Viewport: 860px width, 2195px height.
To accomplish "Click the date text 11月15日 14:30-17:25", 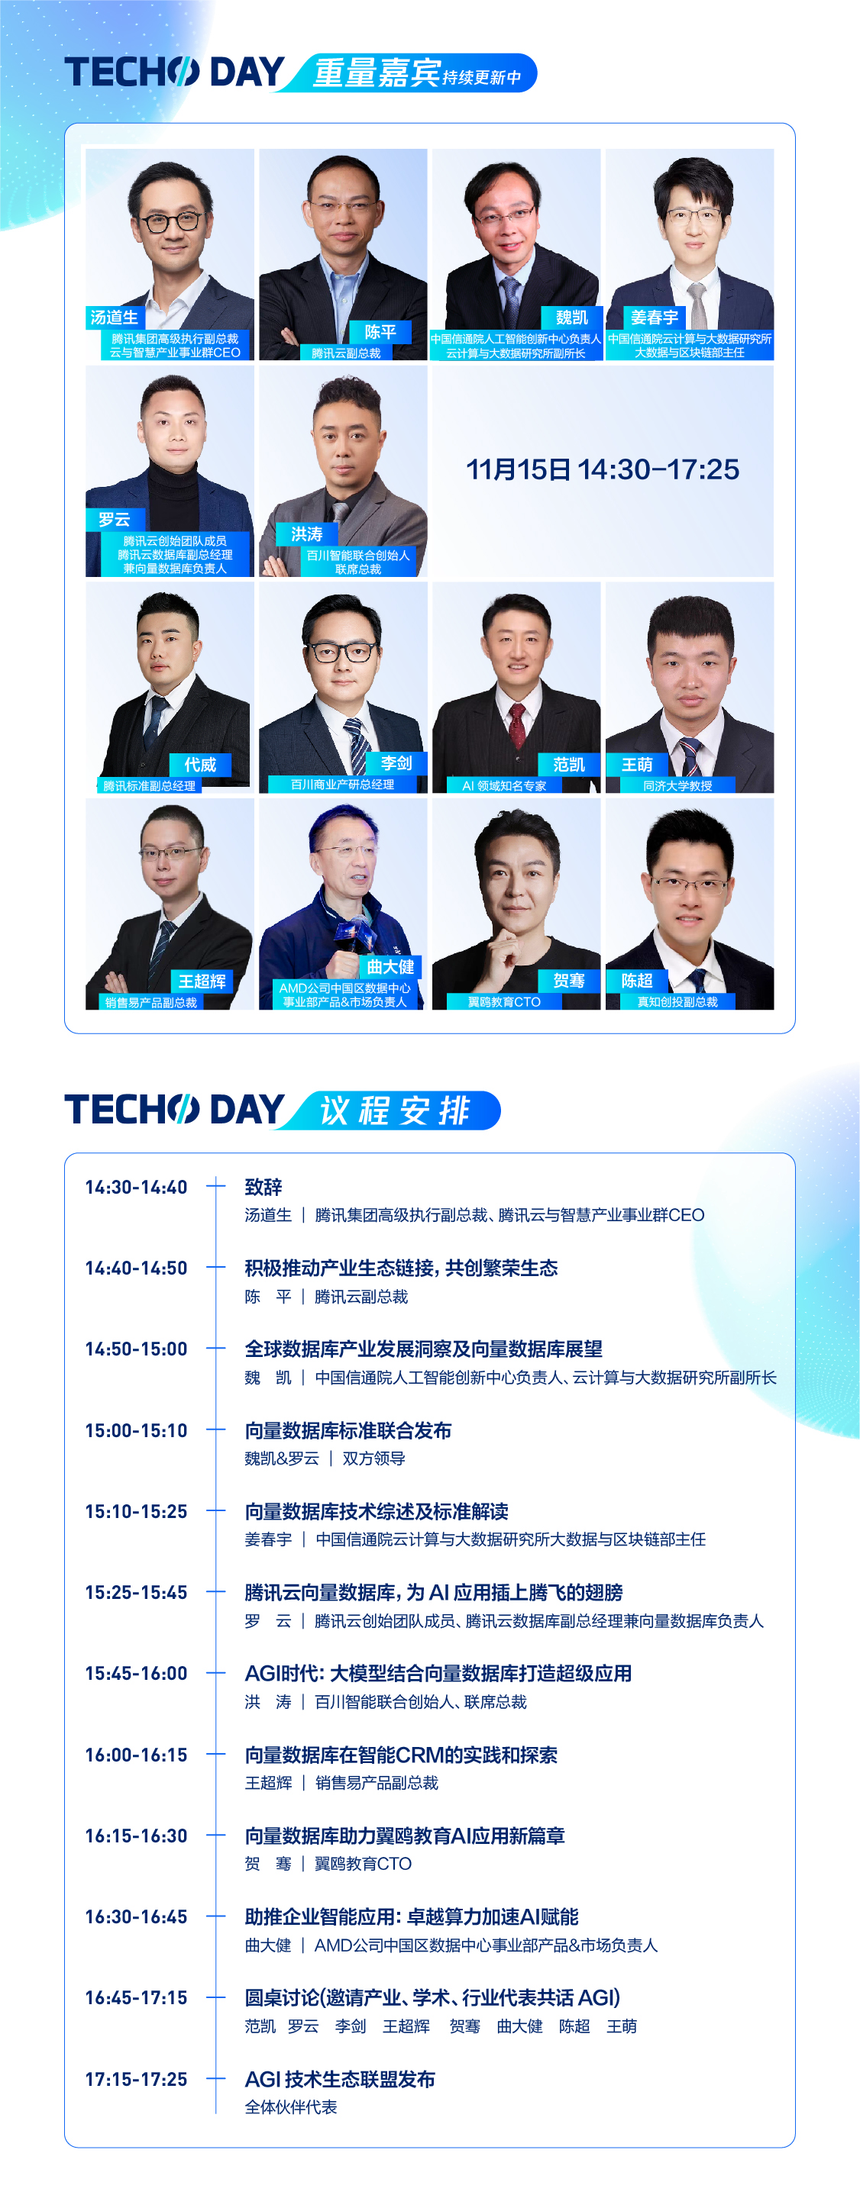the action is [x=602, y=469].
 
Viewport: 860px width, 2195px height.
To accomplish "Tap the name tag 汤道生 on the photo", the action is [x=115, y=317].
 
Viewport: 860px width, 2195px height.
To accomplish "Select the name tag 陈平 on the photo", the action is [x=380, y=332].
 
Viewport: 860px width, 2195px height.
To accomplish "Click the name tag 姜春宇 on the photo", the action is [x=654, y=317].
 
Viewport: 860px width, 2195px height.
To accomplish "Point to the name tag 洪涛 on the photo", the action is [x=307, y=534].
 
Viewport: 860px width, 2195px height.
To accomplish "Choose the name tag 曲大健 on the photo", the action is [x=390, y=967].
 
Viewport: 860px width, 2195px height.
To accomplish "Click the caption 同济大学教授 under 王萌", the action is [x=677, y=785].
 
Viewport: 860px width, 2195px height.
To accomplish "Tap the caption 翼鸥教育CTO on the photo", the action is [x=504, y=1002].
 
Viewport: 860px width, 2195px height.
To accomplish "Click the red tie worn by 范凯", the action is [x=516, y=726].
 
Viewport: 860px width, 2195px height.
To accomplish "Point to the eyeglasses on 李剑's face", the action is [x=343, y=653].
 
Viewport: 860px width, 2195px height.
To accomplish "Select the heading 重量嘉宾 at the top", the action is [x=376, y=73].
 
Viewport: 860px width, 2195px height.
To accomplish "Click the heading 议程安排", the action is [x=395, y=1111].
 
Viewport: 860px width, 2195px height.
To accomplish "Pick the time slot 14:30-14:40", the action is [x=137, y=1187].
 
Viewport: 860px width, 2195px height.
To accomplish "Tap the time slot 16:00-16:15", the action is [x=137, y=1755].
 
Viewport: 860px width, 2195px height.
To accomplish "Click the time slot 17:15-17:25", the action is [x=137, y=2079].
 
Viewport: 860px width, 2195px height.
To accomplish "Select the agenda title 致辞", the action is [x=263, y=1187].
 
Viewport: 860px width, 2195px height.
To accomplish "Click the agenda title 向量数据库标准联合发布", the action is [x=348, y=1431].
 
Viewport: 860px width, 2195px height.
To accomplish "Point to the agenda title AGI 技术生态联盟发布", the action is [x=340, y=2079].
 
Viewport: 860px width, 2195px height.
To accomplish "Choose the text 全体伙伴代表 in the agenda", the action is [x=291, y=2107].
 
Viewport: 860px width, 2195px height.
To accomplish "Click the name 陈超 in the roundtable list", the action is [x=574, y=2026].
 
